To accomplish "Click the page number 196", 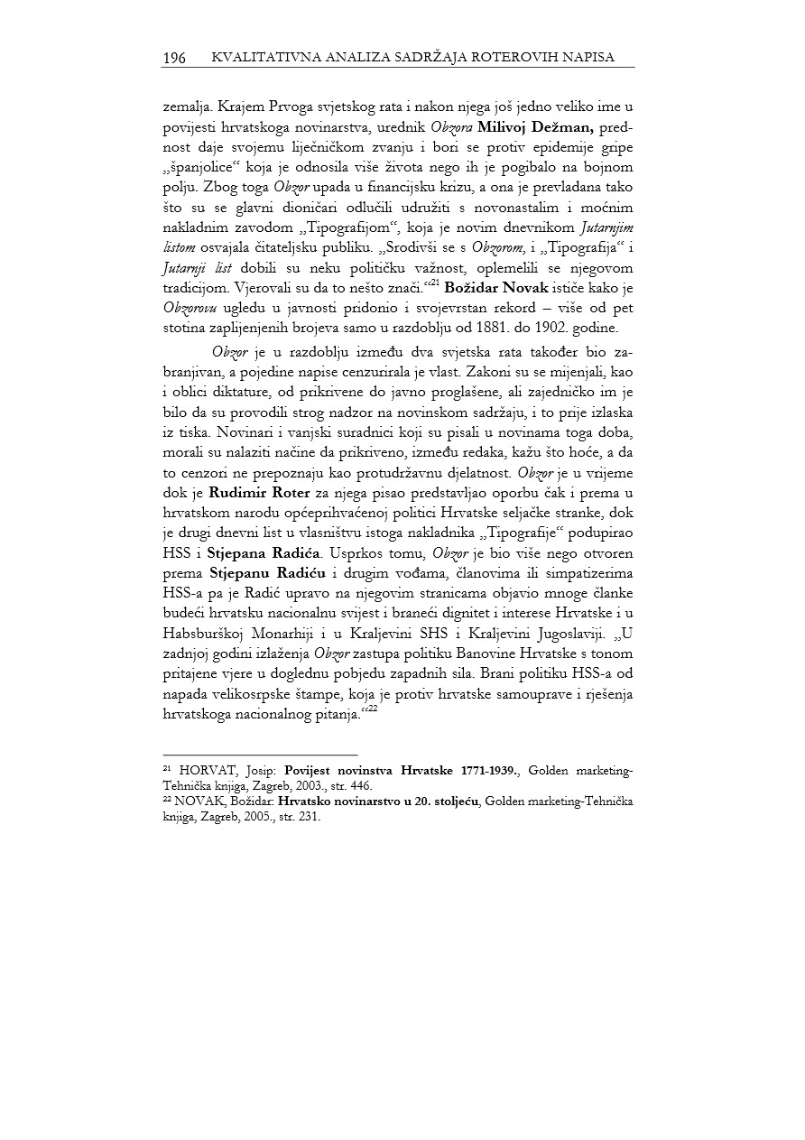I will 174,59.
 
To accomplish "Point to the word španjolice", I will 199,168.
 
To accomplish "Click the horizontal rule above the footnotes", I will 260,755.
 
